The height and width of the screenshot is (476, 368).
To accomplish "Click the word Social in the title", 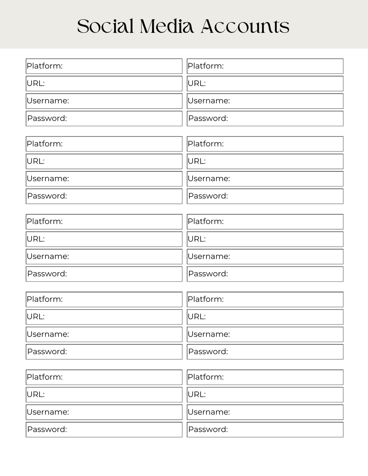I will (105, 26).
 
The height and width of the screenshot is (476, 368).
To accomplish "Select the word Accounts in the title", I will (245, 26).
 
